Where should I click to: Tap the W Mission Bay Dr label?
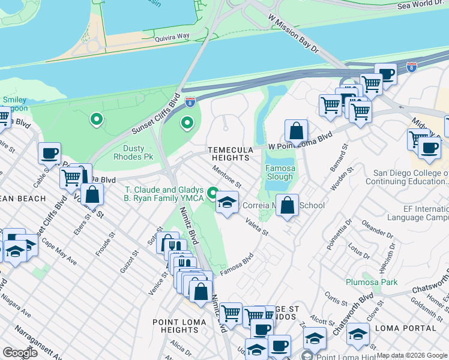(294, 35)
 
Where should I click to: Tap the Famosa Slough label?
(280, 173)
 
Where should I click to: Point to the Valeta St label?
(256, 226)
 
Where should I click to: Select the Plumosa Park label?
(372, 281)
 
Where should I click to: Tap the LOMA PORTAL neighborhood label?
(405, 328)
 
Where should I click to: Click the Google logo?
(20, 353)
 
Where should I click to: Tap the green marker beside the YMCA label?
(212, 193)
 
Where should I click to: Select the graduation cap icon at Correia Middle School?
(227, 202)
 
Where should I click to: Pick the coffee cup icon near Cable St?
(49, 152)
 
